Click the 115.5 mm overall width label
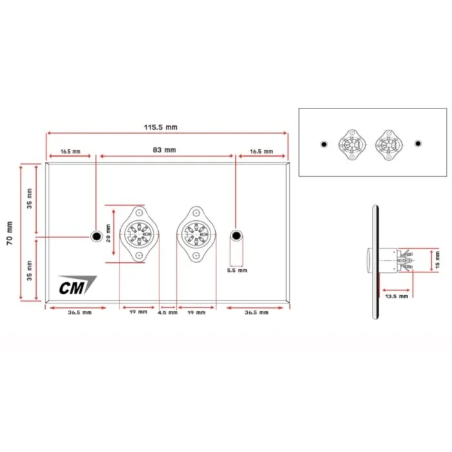coord(161,127)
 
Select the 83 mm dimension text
coord(164,150)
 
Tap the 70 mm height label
coord(10,233)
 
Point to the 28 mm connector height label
coord(108,233)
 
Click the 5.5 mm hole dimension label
coord(237,271)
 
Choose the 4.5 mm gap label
coord(167,313)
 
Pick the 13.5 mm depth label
coord(396,296)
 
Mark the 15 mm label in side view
coord(437,260)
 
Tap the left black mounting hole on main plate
coord(97,236)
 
